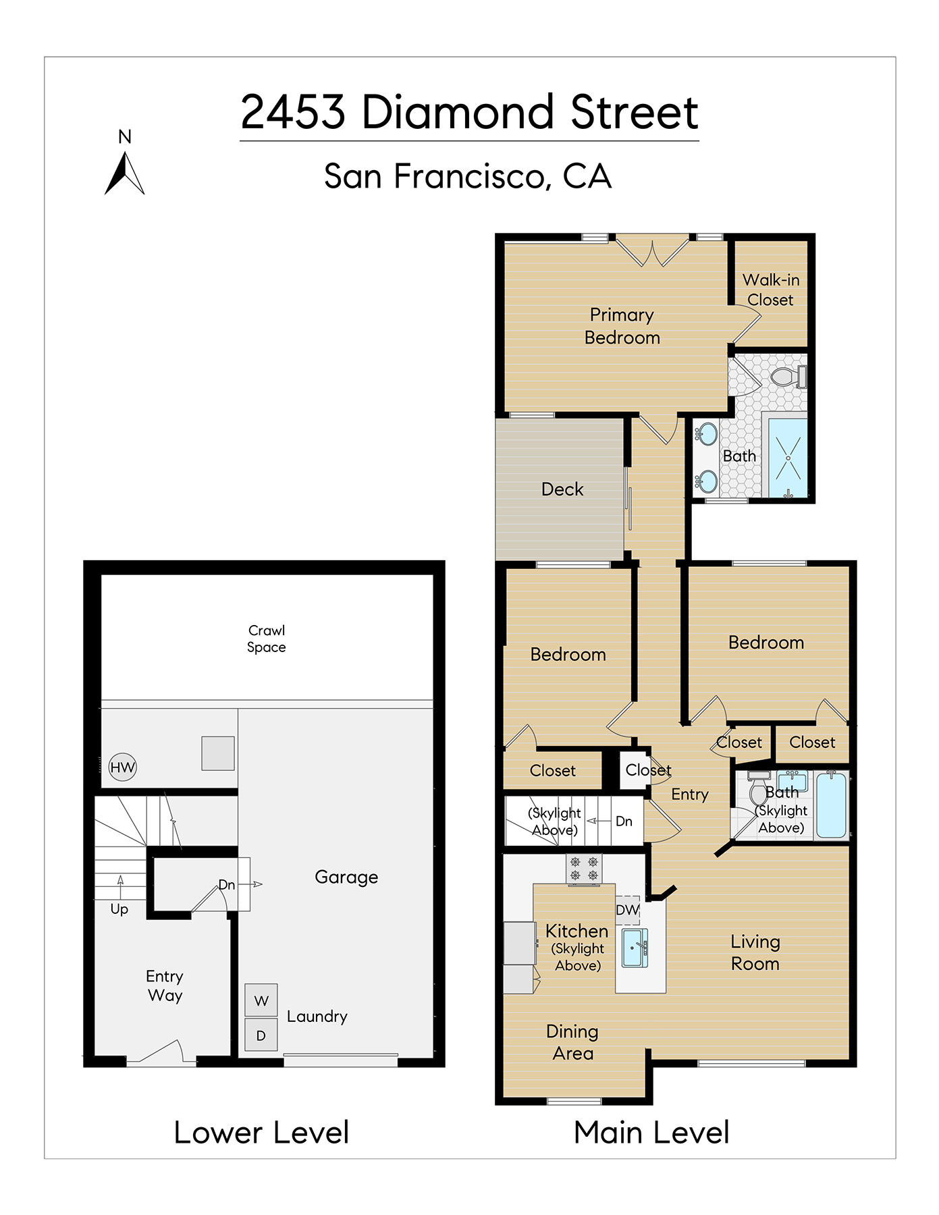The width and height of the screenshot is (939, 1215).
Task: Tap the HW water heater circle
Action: pyautogui.click(x=123, y=767)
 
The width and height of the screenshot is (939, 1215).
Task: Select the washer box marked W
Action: pyautogui.click(x=261, y=1000)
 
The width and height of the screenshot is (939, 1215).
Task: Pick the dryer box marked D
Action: pyautogui.click(x=261, y=1035)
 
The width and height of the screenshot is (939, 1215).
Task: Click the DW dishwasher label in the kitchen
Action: pyautogui.click(x=627, y=909)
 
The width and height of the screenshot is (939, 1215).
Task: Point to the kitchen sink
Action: pyautogui.click(x=635, y=948)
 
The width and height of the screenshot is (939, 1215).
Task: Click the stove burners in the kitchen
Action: pyautogui.click(x=584, y=869)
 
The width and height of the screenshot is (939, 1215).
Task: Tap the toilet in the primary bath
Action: pyautogui.click(x=788, y=377)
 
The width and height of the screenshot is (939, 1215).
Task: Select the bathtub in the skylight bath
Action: pyautogui.click(x=832, y=806)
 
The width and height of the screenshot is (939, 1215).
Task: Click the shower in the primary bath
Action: pyautogui.click(x=788, y=458)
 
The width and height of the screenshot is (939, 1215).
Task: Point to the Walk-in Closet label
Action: pyautogui.click(x=771, y=290)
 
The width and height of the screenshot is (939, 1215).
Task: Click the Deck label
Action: pyautogui.click(x=562, y=489)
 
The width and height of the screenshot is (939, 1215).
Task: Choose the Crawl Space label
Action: pyautogui.click(x=267, y=639)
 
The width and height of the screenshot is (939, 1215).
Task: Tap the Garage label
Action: pyautogui.click(x=346, y=877)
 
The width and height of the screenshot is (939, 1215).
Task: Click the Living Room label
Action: pyautogui.click(x=755, y=952)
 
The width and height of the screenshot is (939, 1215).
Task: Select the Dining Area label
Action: pyautogui.click(x=572, y=1042)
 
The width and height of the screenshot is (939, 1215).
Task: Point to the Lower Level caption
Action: pyautogui.click(x=261, y=1133)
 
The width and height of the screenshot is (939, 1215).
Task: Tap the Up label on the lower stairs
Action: pyautogui.click(x=119, y=909)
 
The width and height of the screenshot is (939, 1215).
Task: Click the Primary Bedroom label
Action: pyautogui.click(x=622, y=326)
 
